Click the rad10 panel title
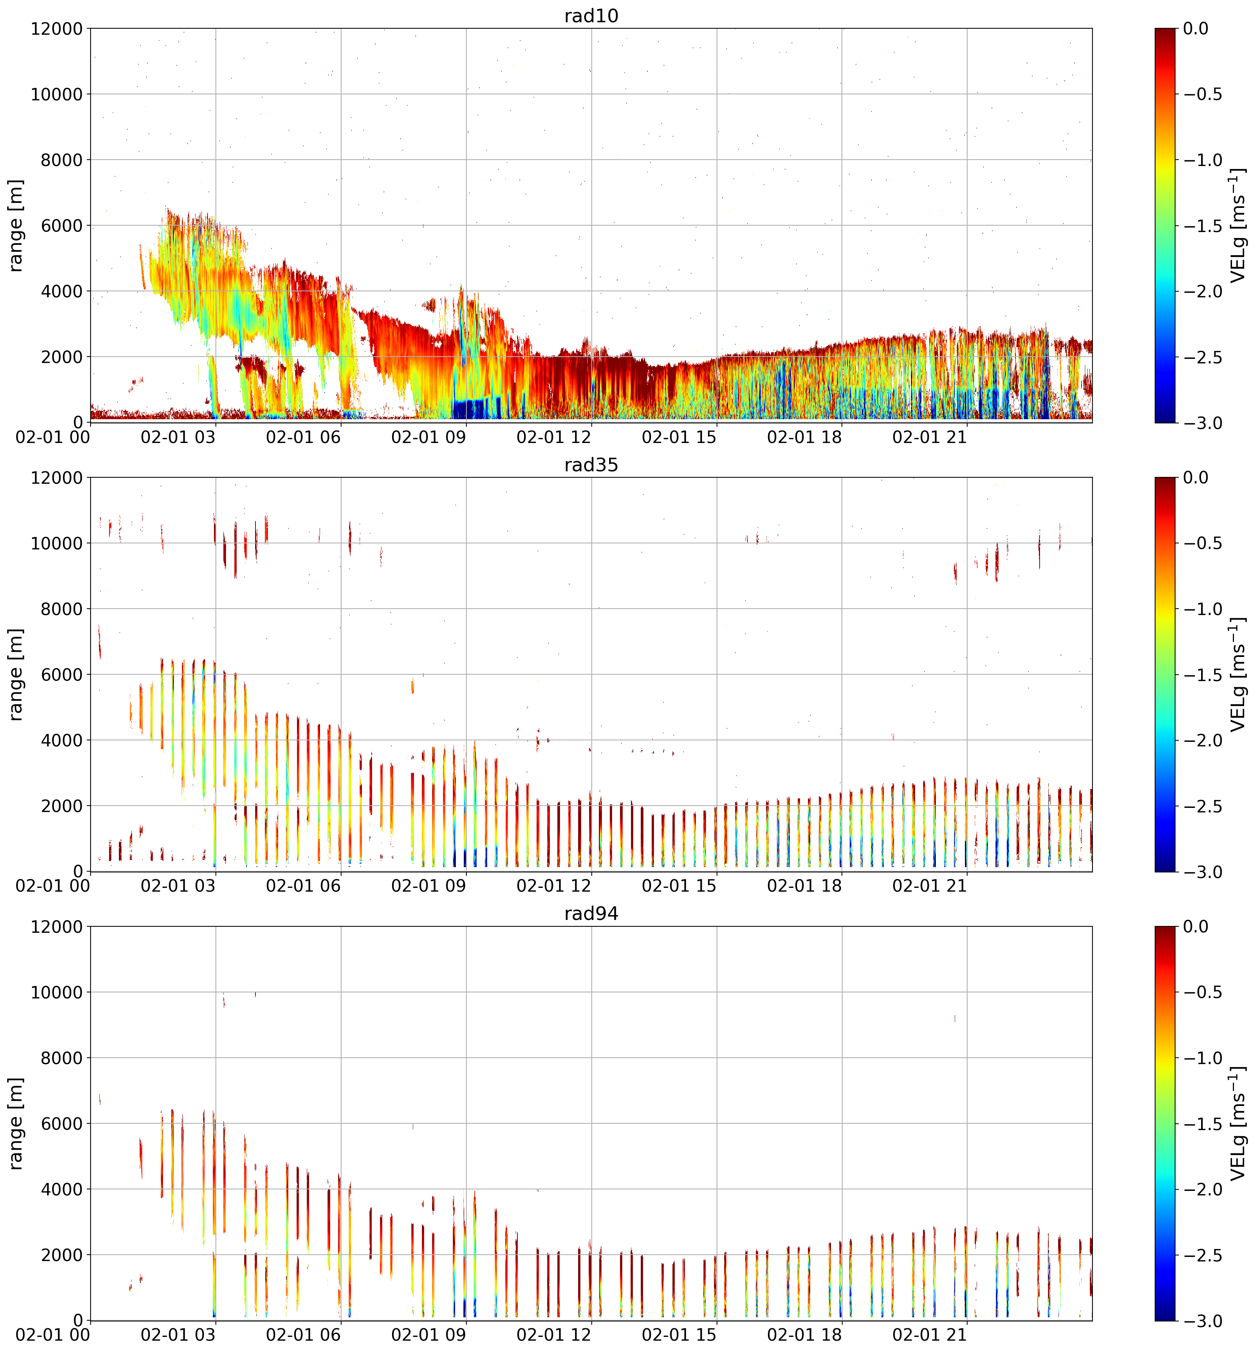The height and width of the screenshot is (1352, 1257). coord(591,15)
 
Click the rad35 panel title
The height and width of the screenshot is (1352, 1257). coord(591,465)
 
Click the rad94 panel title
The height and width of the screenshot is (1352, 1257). coord(591,914)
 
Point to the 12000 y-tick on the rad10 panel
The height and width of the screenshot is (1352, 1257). coord(57,29)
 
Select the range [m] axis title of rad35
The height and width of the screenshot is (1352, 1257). coord(16,675)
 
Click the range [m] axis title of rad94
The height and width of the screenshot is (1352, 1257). coord(16,1123)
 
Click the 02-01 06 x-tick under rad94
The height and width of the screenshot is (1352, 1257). coord(303,1335)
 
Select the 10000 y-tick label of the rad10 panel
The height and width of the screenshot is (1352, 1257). coord(57,94)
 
